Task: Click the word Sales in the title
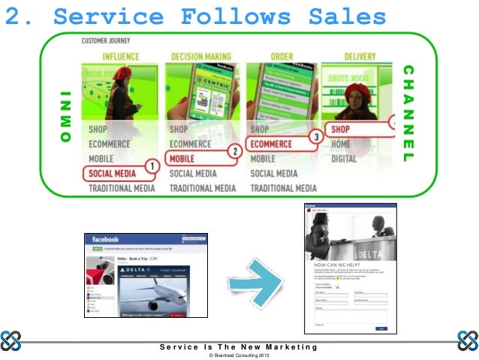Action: [343, 16]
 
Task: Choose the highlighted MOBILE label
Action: [186, 159]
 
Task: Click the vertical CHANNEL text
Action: [408, 113]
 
